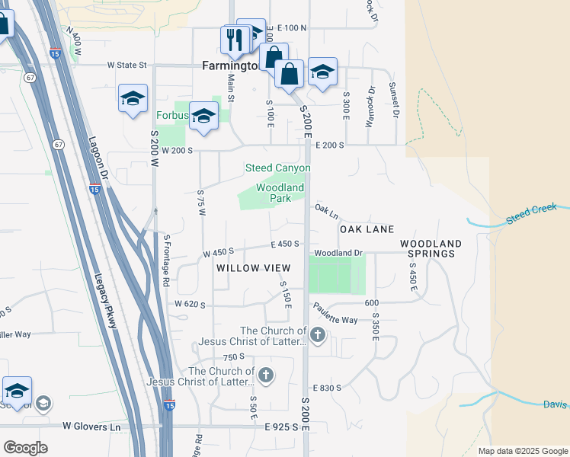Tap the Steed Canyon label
point(277,168)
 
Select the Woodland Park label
point(280,193)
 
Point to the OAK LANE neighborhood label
point(367,229)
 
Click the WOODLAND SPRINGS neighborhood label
point(431,248)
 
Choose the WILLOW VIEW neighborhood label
point(253,268)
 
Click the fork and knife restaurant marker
point(235,39)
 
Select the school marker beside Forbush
point(203,115)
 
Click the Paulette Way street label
point(335,315)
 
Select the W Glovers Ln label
point(91,427)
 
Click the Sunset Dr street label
point(394,100)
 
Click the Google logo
point(25,448)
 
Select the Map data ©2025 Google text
point(523,451)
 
